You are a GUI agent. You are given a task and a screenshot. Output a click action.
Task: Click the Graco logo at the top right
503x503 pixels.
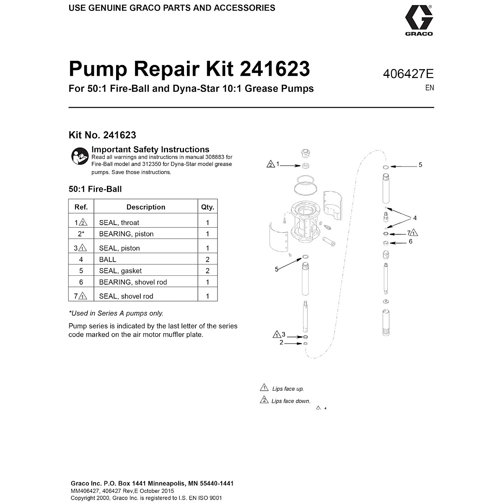[x=419, y=20]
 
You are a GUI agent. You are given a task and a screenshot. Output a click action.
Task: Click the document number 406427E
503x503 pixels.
[x=408, y=74]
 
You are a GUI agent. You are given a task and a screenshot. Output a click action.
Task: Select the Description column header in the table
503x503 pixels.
[x=145, y=207]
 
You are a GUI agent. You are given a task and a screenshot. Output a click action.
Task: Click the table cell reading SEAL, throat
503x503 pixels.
[x=119, y=223]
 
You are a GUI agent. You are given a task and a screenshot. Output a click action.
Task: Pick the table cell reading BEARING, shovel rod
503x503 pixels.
[x=133, y=282]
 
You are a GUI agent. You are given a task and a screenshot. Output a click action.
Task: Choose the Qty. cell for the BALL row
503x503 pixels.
[x=207, y=259]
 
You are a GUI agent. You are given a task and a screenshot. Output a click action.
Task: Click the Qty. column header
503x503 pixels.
[x=207, y=207]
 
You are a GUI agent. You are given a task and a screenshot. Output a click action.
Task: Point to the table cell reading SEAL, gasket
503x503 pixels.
[x=120, y=271]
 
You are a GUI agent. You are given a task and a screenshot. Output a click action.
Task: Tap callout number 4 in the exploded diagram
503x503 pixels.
[x=415, y=218]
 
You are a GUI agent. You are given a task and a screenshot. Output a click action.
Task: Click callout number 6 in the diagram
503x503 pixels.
[x=410, y=241]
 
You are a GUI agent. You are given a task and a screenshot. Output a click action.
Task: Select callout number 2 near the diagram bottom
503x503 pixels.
[x=282, y=342]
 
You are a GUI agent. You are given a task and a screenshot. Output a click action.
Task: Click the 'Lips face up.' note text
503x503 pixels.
[x=288, y=389]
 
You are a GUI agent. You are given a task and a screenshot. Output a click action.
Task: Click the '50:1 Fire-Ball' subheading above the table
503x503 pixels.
[x=95, y=189]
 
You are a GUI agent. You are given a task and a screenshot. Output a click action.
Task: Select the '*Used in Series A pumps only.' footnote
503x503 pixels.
[x=116, y=313]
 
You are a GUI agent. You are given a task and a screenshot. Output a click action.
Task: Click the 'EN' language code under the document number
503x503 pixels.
[x=429, y=88]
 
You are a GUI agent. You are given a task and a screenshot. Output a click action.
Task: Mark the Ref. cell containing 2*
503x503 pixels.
[x=81, y=234]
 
